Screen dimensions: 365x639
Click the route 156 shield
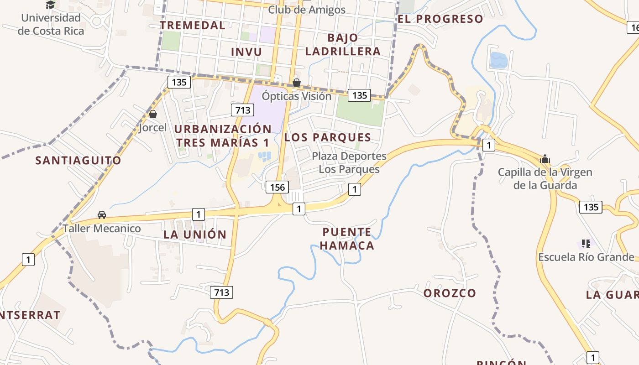277,187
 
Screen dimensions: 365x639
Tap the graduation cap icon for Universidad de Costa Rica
51,5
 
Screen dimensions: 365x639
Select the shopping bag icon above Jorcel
153,114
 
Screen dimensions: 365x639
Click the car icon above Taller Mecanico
102,214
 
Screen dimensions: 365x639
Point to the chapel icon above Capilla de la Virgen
545,159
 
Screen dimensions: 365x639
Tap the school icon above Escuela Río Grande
586,244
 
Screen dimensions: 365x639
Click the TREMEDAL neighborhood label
193,25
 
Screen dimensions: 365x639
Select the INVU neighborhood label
246,52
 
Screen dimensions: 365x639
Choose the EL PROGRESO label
440,19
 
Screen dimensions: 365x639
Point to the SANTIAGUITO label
79,160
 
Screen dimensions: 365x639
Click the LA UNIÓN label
195,235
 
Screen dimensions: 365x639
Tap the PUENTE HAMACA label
347,239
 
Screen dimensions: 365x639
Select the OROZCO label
450,293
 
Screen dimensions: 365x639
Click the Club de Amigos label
307,10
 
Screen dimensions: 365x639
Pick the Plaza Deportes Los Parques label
349,162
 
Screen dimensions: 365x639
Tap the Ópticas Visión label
297,96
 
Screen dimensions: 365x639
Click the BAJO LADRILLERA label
343,44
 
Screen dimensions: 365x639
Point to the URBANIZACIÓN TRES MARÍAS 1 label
223,136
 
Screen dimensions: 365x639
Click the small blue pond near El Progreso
498,60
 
